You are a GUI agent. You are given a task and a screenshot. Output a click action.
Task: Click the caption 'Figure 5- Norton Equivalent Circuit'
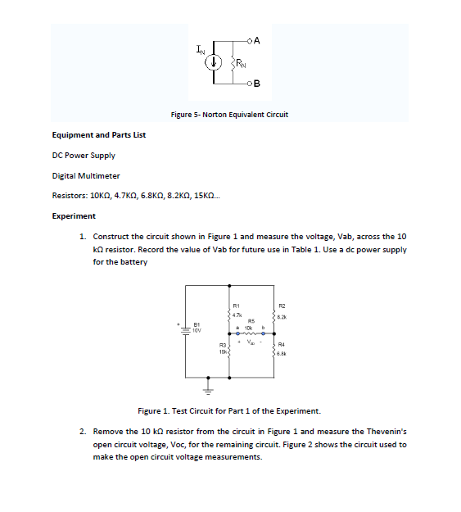pos(229,115)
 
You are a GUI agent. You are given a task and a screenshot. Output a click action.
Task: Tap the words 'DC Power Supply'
pos(84,155)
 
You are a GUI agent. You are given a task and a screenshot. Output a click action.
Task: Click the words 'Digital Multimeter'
pos(86,175)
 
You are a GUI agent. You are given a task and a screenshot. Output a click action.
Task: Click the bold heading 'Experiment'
pos(74,216)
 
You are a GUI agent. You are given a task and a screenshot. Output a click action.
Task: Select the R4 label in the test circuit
pos(282,345)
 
